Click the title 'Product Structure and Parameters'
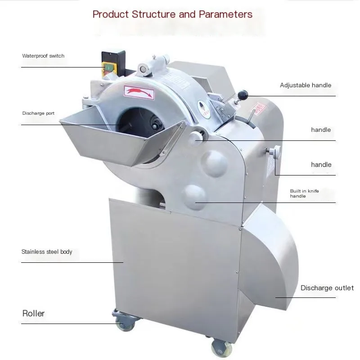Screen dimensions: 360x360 click(x=172, y=14)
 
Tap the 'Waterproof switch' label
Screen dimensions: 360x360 click(x=43, y=56)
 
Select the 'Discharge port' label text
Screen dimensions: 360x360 click(x=38, y=113)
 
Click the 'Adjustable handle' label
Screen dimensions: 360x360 click(x=305, y=85)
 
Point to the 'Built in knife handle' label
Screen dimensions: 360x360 click(x=304, y=193)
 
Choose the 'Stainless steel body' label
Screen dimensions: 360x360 click(x=47, y=252)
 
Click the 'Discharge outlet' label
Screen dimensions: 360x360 click(x=327, y=288)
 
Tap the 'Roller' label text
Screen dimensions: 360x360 click(x=34, y=313)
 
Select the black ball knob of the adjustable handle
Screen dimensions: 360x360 click(x=243, y=94)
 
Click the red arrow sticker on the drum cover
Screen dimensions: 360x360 click(x=139, y=93)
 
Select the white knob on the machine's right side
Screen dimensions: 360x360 click(x=276, y=152)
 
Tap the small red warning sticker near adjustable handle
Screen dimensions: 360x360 click(x=260, y=110)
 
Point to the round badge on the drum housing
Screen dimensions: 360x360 click(x=204, y=109)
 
